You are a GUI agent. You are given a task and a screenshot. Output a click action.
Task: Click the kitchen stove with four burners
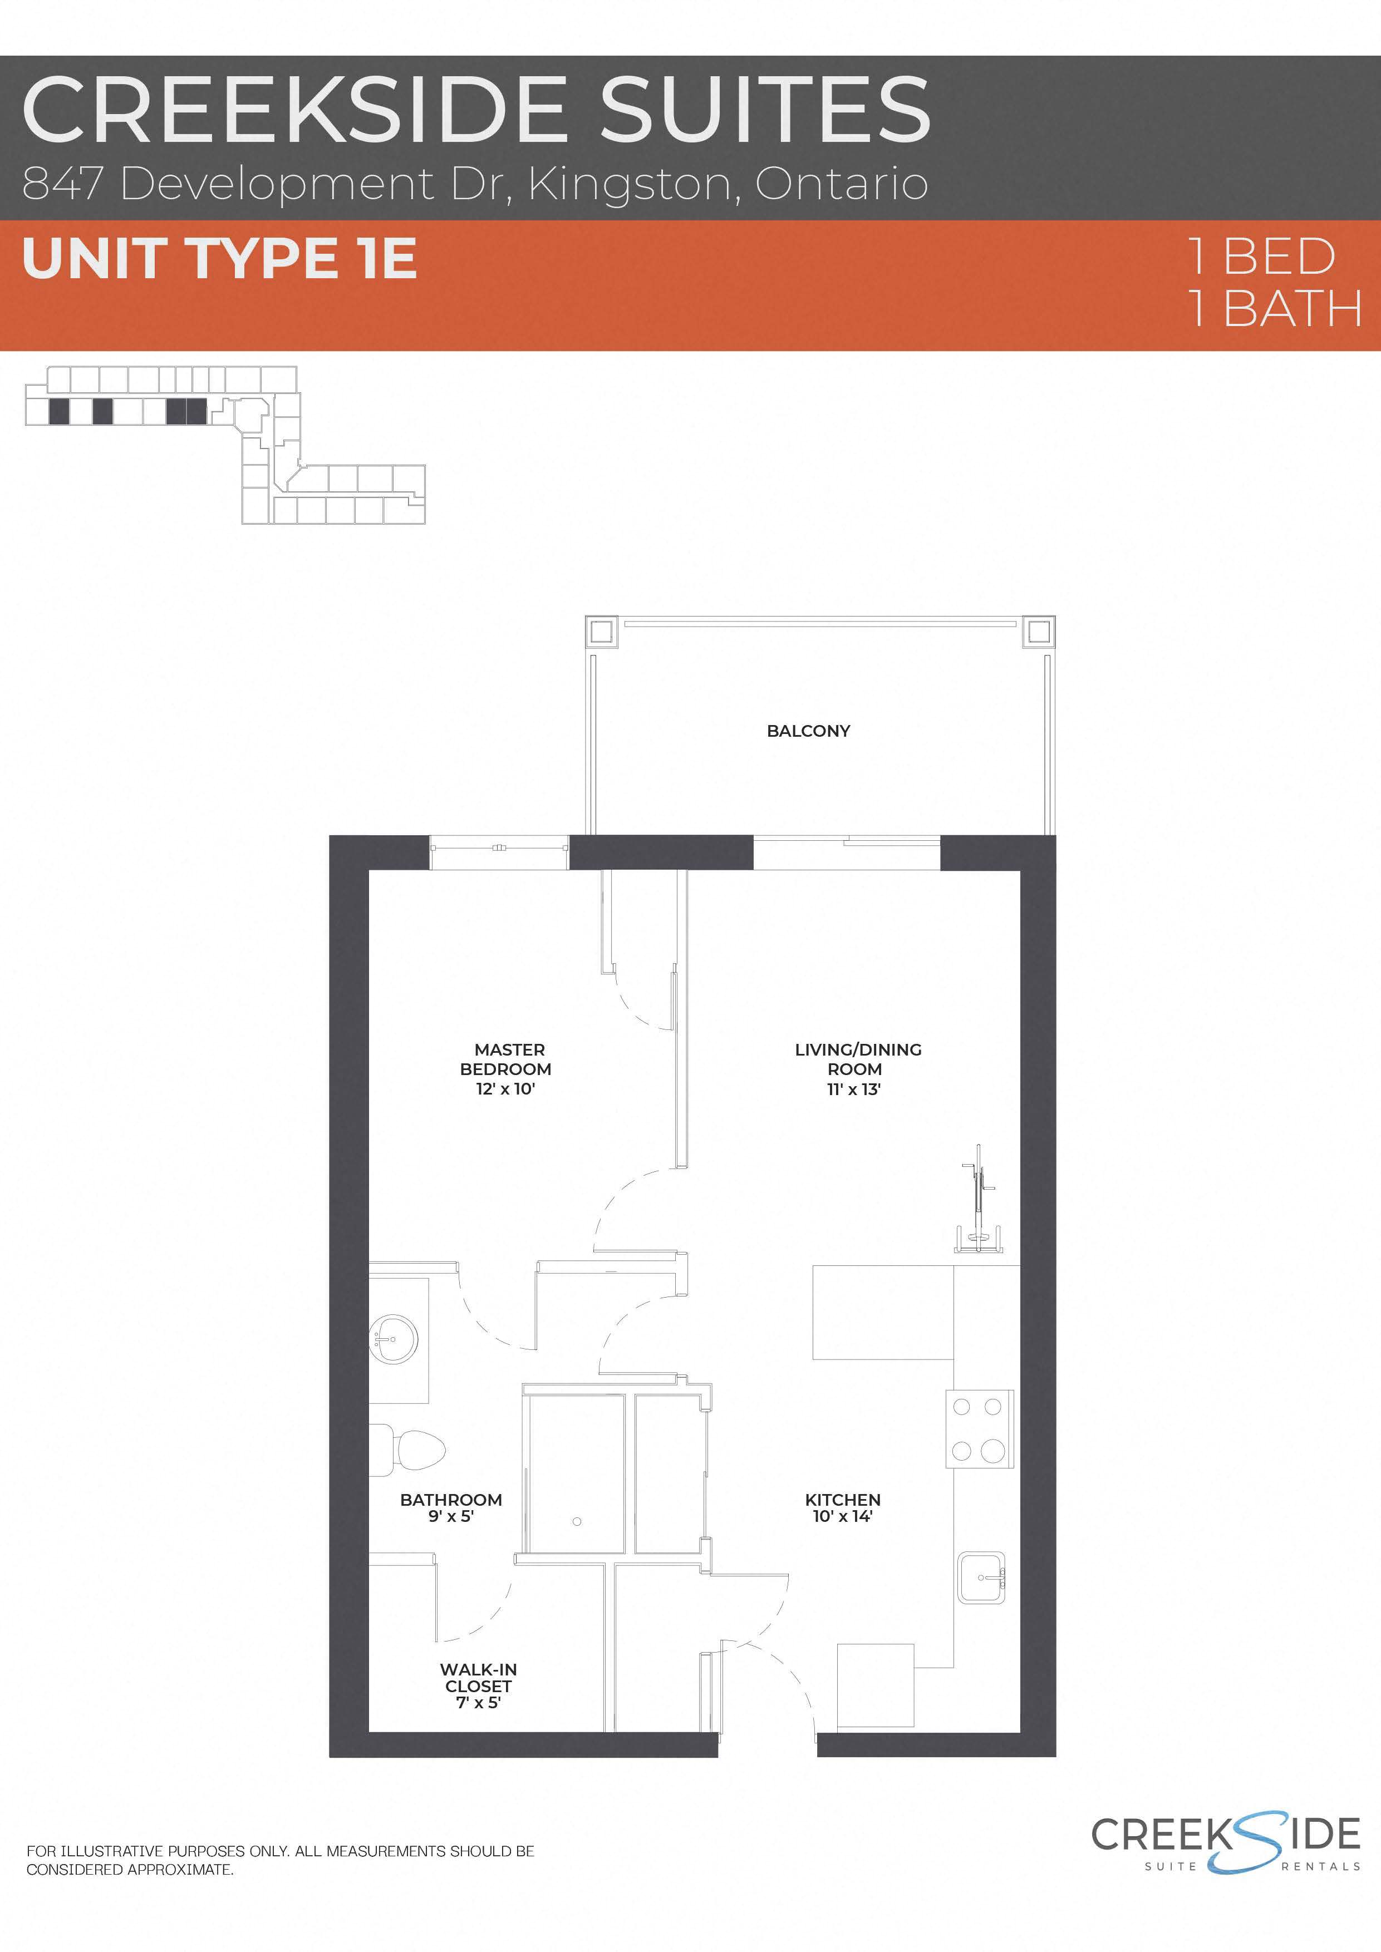click(979, 1428)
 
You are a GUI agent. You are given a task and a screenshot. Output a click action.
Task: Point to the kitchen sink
click(981, 1578)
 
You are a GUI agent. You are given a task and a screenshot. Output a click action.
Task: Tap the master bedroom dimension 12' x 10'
click(505, 1089)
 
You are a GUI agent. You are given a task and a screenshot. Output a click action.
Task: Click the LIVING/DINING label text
click(857, 1050)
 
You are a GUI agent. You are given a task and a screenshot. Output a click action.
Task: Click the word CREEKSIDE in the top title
click(293, 111)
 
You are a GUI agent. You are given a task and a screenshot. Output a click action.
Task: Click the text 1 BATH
click(1273, 309)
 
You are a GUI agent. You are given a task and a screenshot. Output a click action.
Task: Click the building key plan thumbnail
click(225, 444)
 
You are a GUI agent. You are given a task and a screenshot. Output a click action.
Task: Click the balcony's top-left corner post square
click(599, 632)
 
